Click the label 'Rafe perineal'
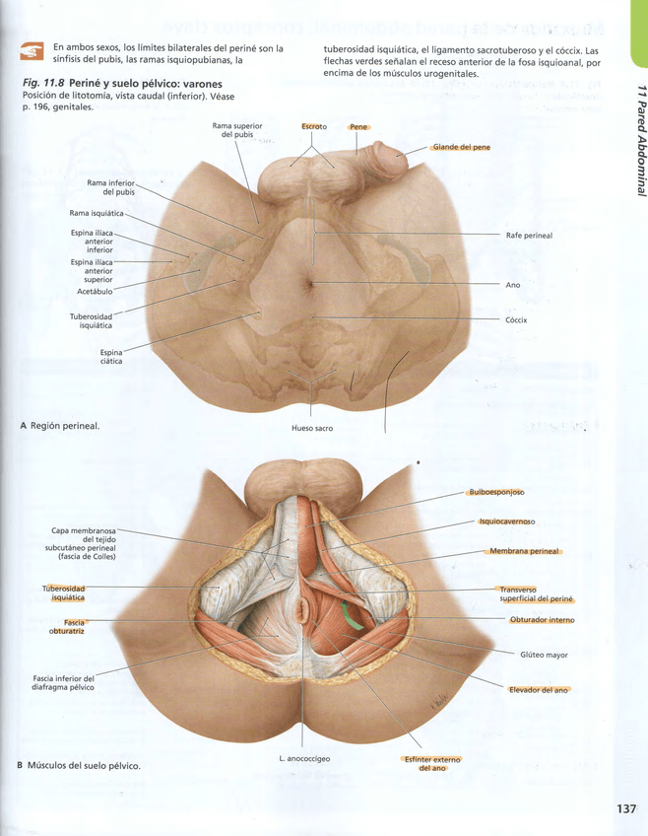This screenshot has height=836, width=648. (529, 236)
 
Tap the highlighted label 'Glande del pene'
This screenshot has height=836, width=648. (461, 148)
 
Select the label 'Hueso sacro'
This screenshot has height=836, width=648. (312, 429)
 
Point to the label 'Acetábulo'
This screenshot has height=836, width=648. (95, 292)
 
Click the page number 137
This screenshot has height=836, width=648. (626, 808)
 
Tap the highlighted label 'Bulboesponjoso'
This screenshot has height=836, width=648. (495, 492)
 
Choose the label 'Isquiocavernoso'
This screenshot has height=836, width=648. (506, 522)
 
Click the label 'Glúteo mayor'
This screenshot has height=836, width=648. (544, 655)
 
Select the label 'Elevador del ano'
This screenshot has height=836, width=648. (539, 689)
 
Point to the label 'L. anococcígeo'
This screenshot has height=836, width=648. (304, 758)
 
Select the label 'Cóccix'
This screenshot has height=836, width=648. (516, 319)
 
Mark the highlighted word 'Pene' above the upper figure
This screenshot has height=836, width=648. (357, 127)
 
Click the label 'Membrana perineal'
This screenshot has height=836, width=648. (524, 551)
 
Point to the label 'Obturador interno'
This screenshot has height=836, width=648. (542, 620)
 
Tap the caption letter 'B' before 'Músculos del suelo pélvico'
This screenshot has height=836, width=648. (20, 765)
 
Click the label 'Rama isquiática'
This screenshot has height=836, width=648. (97, 213)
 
